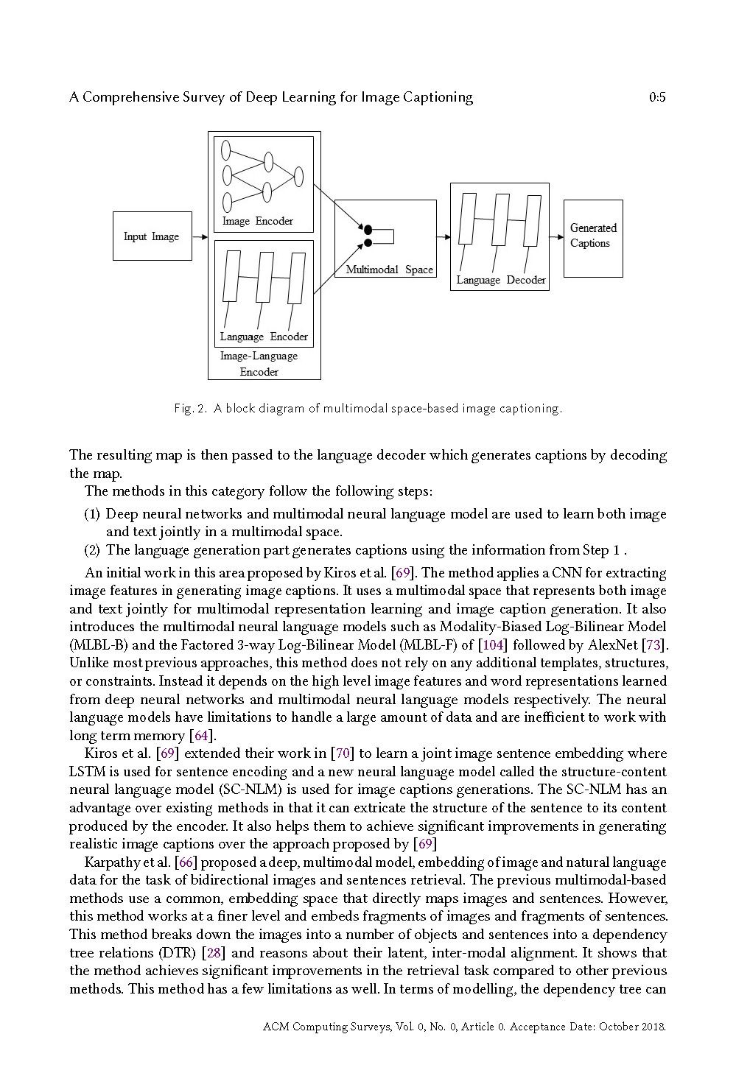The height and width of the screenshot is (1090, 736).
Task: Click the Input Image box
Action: [152, 236]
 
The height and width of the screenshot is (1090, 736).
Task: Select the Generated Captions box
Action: [593, 238]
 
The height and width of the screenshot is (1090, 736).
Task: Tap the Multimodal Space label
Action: [389, 270]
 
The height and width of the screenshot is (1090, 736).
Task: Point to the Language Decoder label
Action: [501, 280]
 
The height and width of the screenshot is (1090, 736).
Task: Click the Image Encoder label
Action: [258, 221]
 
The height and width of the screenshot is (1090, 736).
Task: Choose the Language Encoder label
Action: [264, 337]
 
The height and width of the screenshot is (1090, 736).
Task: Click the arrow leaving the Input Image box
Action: [200, 237]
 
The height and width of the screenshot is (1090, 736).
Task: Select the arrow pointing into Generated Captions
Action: [556, 238]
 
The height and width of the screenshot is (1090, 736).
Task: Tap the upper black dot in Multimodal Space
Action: [368, 229]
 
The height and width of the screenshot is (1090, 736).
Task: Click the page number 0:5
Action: [658, 97]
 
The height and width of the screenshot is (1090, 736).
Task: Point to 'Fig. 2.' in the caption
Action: [190, 408]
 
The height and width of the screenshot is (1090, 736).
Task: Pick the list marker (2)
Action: [92, 550]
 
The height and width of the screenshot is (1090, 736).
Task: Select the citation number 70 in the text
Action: [342, 753]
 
